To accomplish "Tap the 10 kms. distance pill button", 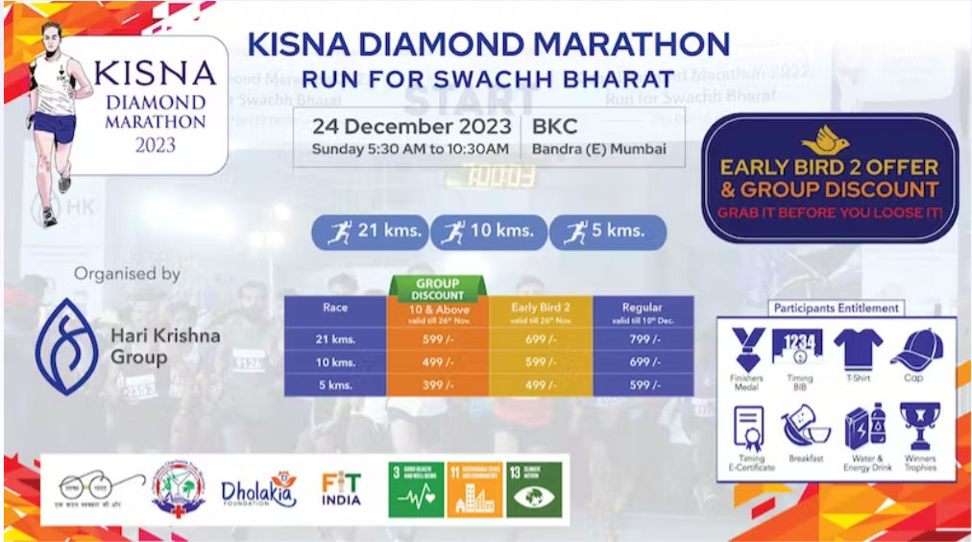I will click(x=489, y=233).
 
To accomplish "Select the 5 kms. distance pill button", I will click(x=607, y=233).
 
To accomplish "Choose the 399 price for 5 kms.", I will click(x=437, y=384).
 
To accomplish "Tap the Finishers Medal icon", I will click(x=746, y=349).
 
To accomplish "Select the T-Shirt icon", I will click(x=857, y=348).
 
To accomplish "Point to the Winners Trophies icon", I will click(x=919, y=427).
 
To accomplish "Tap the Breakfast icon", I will click(x=805, y=426).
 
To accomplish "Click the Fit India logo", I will click(x=341, y=488).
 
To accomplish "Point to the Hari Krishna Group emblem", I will click(x=65, y=346).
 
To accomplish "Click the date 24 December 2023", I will click(x=410, y=127).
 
